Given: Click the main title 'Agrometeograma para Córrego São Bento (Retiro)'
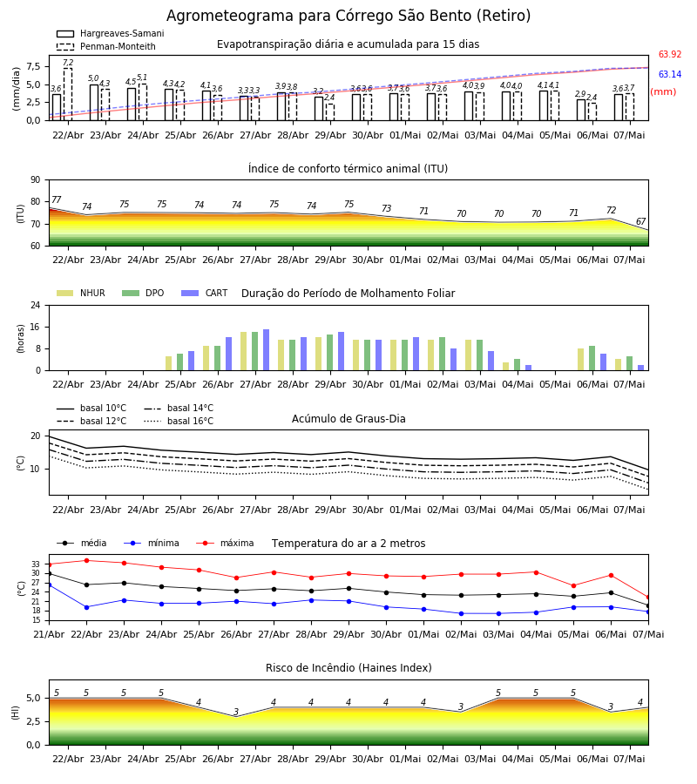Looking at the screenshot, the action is click(x=348, y=16).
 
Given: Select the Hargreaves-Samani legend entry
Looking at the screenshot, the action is click(x=110, y=33).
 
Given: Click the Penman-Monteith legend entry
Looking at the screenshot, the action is click(x=106, y=46).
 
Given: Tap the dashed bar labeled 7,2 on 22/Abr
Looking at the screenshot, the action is click(x=68, y=94).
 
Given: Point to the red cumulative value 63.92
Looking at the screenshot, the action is click(x=670, y=55).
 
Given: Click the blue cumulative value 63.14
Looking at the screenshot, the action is click(x=670, y=75).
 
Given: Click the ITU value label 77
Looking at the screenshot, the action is click(x=56, y=199).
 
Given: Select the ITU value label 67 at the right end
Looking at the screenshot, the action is click(x=641, y=221).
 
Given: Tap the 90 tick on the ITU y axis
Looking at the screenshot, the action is click(x=36, y=180).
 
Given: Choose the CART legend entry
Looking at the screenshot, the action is click(x=205, y=293).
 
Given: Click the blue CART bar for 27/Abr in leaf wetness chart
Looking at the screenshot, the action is click(x=266, y=350).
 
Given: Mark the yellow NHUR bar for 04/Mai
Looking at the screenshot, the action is click(x=506, y=367).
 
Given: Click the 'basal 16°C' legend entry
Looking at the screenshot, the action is click(x=179, y=421).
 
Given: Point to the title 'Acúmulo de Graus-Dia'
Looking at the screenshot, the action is click(x=348, y=419).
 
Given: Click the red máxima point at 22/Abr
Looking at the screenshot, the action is click(x=86, y=560).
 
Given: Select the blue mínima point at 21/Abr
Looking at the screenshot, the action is click(x=49, y=585).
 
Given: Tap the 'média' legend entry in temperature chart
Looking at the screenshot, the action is click(x=82, y=543).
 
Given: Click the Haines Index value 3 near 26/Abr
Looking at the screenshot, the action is click(x=236, y=712).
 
